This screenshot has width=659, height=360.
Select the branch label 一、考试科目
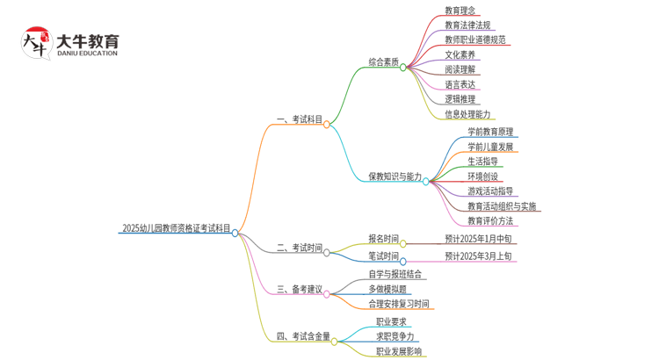(299, 119)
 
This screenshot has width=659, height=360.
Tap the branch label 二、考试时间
(299, 248)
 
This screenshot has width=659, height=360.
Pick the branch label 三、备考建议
(299, 289)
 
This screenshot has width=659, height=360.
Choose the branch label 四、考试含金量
(303, 335)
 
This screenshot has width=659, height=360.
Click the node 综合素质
(383, 62)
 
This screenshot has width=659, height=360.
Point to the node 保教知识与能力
(394, 176)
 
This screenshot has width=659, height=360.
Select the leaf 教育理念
(460, 11)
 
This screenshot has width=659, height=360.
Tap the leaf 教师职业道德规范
(475, 40)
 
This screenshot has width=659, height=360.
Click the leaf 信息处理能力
(467, 114)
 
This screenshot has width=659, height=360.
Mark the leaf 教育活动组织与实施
(502, 206)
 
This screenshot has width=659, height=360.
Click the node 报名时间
(383, 238)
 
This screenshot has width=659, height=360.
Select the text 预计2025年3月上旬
(478, 256)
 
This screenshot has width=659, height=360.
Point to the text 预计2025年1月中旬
(478, 238)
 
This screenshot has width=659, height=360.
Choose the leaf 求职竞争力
(395, 335)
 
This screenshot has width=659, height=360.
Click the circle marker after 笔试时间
(403, 261)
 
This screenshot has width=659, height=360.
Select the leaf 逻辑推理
(460, 100)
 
